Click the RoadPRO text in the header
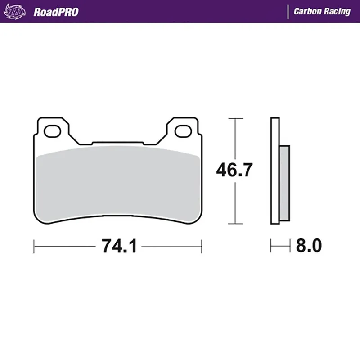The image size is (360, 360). pos(56,12)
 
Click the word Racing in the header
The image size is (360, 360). pos(337,12)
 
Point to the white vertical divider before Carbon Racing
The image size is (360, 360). pos(288,12)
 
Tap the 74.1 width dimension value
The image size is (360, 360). pos(118,246)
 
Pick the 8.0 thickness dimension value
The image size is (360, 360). pos(309,246)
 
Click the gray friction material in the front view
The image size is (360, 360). pos(118,182)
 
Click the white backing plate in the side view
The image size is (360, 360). pos(275,171)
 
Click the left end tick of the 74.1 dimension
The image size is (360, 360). pos(35,246)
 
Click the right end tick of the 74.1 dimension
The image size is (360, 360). pos(201,246)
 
